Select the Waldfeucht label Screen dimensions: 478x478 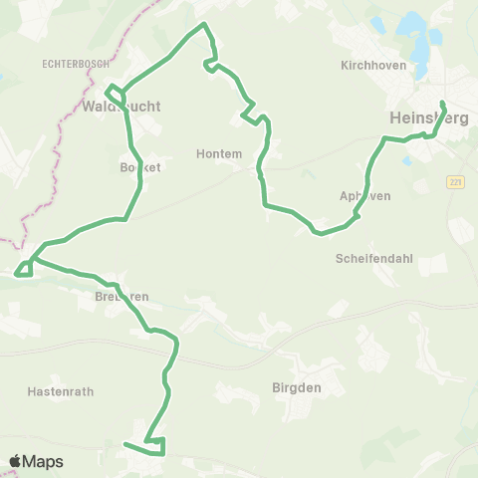pos(122,107)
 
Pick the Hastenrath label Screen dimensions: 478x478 pos(61,391)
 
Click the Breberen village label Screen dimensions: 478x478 pos(122,297)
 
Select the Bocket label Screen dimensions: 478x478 pos(139,168)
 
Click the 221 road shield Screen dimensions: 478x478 pos(456,182)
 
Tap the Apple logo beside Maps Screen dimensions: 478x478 pos(15,462)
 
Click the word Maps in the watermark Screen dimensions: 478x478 pos(43,462)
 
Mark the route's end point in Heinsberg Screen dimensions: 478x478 pos(441,103)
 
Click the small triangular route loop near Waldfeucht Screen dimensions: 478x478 pos(116,95)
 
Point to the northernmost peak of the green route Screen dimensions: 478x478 pos(204,23)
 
